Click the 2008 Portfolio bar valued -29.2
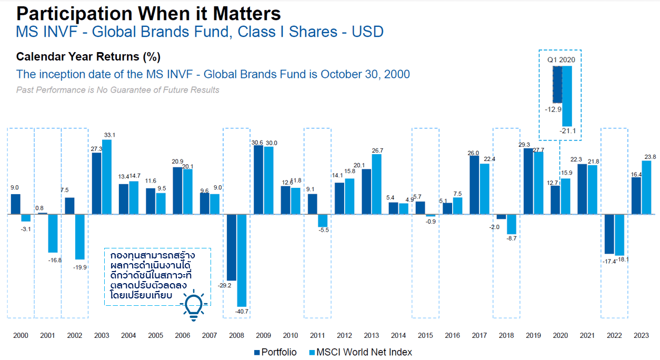click(x=231, y=247)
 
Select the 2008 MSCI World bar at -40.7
click(x=242, y=261)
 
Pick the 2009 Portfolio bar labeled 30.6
click(x=258, y=180)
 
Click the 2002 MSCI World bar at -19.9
click(x=80, y=237)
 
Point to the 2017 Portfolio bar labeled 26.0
click(x=474, y=185)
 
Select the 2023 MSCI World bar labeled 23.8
click(x=646, y=188)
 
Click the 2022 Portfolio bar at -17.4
click(x=609, y=234)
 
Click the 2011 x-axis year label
click(x=317, y=335)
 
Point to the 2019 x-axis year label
click(x=533, y=335)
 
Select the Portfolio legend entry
click(x=275, y=352)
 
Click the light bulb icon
click(x=193, y=305)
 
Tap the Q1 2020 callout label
click(x=561, y=59)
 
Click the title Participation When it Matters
click(x=148, y=13)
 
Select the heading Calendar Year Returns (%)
click(x=88, y=57)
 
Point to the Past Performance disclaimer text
click(x=118, y=90)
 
